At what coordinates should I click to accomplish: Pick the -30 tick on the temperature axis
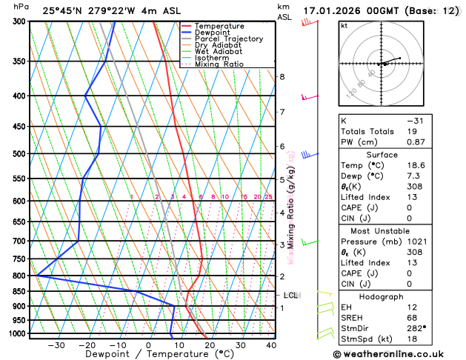pos(56,345)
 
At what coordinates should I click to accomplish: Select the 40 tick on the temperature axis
pos(271,345)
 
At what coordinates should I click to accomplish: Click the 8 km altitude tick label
pos(282,77)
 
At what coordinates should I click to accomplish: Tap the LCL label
pos(291,296)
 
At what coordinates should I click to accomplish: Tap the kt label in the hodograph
pos(344,25)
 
